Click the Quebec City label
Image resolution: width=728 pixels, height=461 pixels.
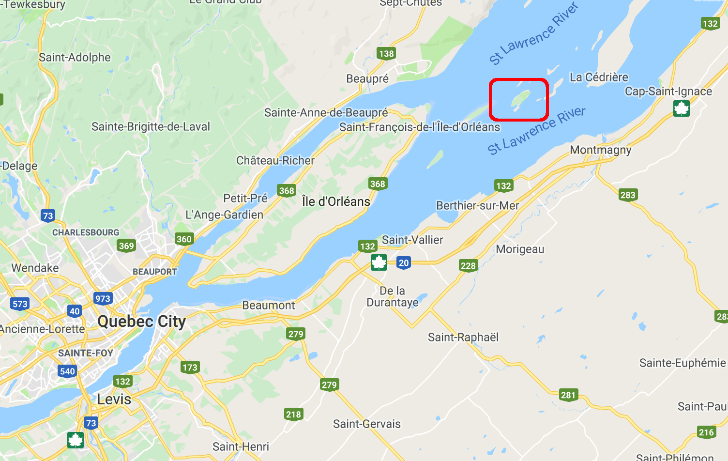(x=141, y=322)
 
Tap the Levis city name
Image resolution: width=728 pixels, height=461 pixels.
(x=114, y=400)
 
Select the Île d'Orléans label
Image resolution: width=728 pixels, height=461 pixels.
(x=336, y=201)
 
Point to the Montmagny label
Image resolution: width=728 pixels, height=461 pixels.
(x=601, y=150)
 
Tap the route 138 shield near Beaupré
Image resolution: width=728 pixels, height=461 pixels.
(x=386, y=53)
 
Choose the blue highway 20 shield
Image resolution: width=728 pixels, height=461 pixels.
(x=403, y=263)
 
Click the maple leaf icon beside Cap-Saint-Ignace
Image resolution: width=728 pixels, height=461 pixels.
(x=682, y=108)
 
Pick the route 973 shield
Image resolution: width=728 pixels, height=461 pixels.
(x=103, y=298)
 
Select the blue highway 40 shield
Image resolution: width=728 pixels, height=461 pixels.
(x=75, y=311)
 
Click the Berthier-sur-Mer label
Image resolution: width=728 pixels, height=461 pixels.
(x=477, y=205)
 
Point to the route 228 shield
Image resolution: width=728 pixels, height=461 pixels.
(x=468, y=265)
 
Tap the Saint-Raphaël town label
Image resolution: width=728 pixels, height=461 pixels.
(x=463, y=337)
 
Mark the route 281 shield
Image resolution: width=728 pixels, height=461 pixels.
(x=568, y=395)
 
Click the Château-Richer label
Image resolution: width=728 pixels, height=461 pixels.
(x=275, y=160)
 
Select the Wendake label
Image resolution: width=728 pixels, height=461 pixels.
(x=35, y=268)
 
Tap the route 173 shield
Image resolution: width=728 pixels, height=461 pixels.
(x=190, y=367)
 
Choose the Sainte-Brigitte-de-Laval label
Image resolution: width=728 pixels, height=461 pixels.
(x=151, y=127)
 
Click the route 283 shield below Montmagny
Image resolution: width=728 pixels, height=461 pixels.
(x=627, y=195)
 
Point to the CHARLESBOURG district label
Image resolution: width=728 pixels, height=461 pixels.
(x=86, y=232)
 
